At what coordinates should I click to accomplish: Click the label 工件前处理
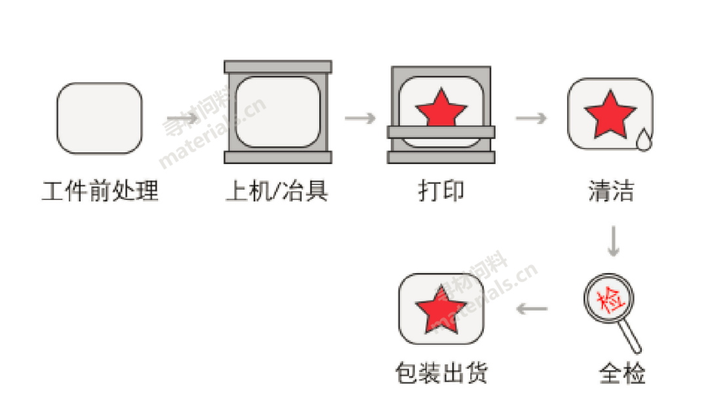tap(100, 190)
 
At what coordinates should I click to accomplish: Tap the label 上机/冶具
tap(277, 190)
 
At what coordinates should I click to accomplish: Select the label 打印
tap(441, 190)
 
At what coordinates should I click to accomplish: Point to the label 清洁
tap(611, 190)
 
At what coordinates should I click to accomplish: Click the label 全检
tap(622, 373)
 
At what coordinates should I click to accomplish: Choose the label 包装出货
tap(442, 373)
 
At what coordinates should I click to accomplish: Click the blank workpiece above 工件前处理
tap(100, 118)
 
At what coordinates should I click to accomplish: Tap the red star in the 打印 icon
tap(441, 108)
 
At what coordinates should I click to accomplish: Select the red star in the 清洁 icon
tap(610, 114)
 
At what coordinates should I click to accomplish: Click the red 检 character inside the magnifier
tap(609, 299)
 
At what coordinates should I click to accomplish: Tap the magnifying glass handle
tap(631, 336)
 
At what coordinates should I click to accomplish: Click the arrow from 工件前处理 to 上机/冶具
tap(182, 118)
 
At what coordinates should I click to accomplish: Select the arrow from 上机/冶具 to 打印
tap(360, 118)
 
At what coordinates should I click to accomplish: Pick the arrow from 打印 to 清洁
tap(531, 118)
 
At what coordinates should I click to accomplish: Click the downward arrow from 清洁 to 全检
tap(613, 241)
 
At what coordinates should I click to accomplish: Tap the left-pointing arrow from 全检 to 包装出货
tap(532, 309)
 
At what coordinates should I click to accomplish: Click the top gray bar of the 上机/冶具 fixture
tap(278, 67)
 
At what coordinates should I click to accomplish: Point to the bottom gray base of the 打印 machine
tap(441, 157)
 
